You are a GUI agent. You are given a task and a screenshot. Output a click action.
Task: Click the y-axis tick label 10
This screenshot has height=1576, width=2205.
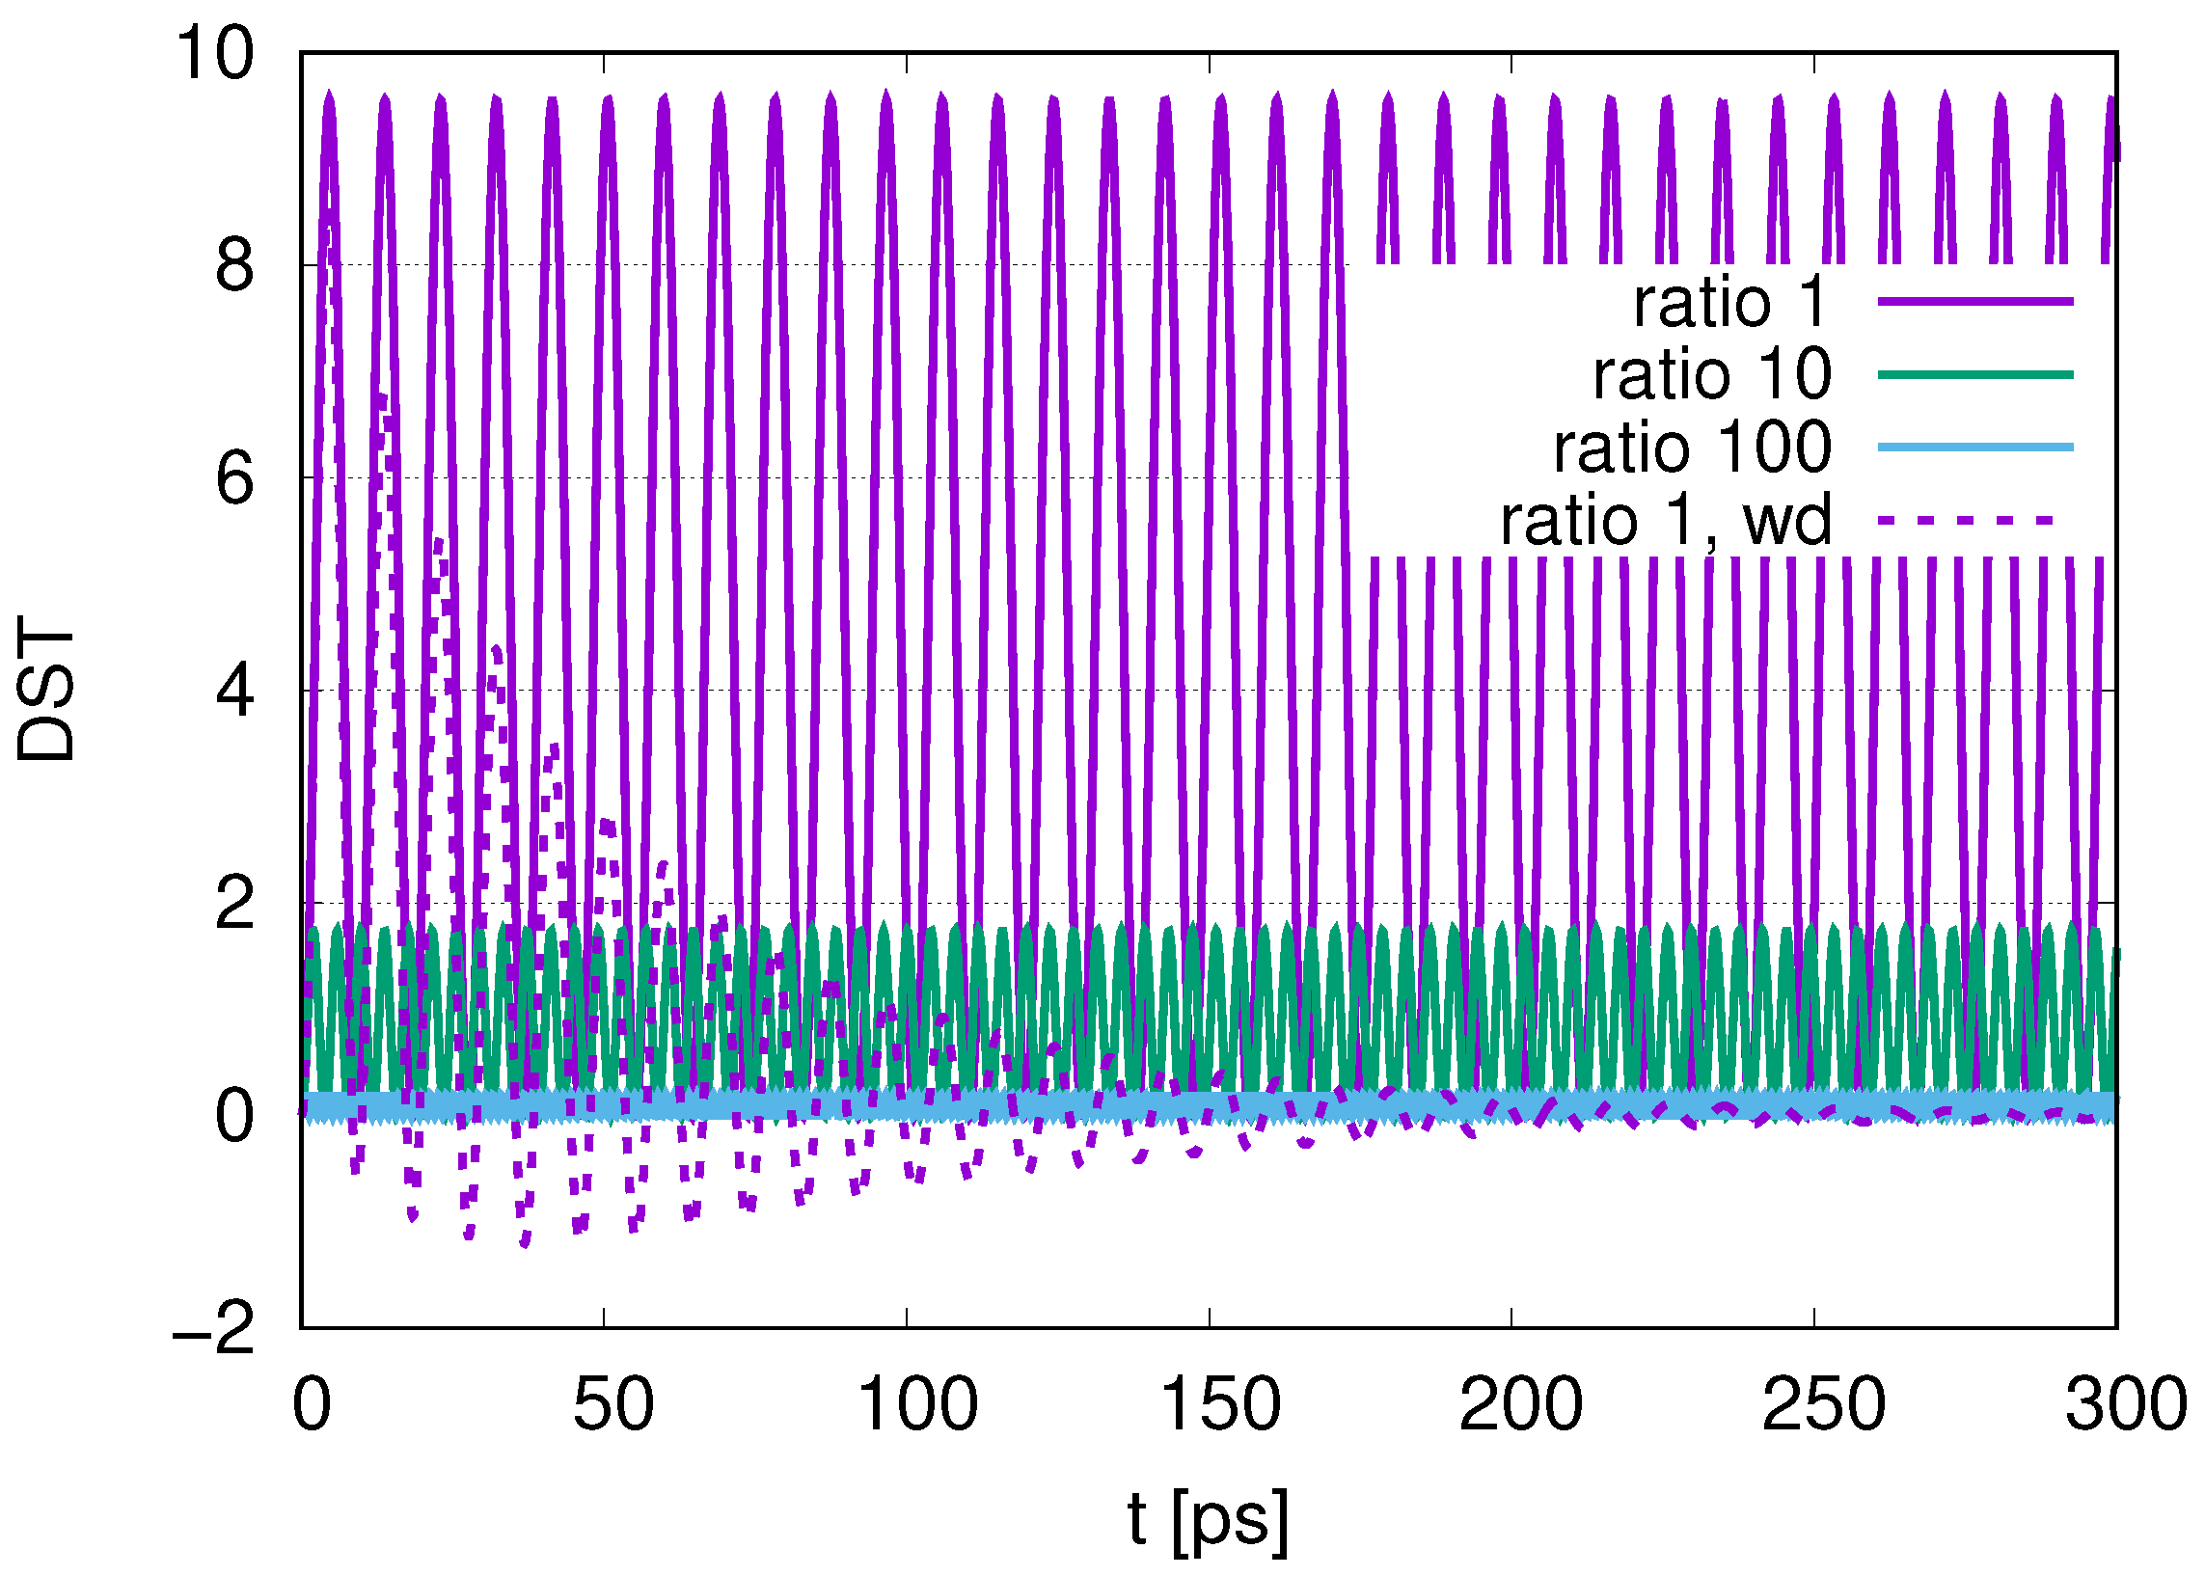click(x=214, y=53)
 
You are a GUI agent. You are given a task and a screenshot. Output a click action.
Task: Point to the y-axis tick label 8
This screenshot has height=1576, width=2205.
click(x=234, y=266)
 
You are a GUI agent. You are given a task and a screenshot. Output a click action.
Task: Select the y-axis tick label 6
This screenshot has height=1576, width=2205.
click(x=234, y=478)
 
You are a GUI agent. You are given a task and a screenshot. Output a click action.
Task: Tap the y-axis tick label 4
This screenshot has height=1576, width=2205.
click(x=234, y=691)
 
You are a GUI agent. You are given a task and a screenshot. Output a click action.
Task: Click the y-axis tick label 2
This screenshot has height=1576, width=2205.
click(x=234, y=904)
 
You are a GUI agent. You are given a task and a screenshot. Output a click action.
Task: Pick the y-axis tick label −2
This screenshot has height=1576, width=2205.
click(x=214, y=1328)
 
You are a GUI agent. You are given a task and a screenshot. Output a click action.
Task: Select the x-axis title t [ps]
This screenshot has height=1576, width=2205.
click(x=1209, y=1519)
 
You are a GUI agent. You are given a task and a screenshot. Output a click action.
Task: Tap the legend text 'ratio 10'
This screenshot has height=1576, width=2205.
click(x=1712, y=373)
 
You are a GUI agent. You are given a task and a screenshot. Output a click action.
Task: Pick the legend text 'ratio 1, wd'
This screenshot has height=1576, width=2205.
click(x=1666, y=520)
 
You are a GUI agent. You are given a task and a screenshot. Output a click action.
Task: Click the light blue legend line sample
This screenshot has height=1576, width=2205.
click(x=1974, y=448)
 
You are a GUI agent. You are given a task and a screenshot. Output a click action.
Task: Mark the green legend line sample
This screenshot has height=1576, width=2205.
click(x=1974, y=374)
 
